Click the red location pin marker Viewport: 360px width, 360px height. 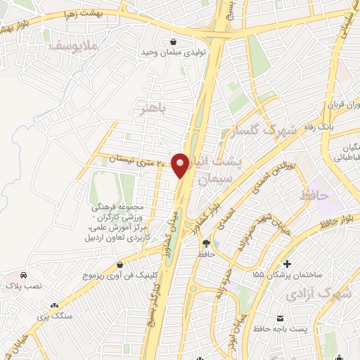(x=181, y=165)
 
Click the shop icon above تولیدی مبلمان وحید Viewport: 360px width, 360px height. (x=174, y=41)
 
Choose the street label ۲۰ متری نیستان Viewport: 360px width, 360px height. (x=136, y=160)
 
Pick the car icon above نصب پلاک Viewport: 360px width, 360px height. (x=24, y=275)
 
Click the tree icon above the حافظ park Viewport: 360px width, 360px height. (x=205, y=243)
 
